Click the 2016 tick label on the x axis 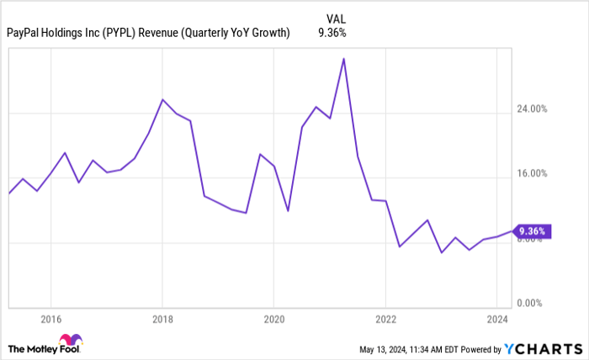coord(50,320)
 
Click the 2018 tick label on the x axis coord(162,320)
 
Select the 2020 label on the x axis coord(274,320)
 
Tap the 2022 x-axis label coord(385,320)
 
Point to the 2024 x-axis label coord(497,320)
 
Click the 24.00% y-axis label coord(532,109)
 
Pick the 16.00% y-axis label coord(532,174)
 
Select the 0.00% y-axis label coord(533,303)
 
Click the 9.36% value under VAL coord(332,33)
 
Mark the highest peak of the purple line coord(343,59)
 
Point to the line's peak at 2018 coord(162,99)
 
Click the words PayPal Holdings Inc coord(53,33)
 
